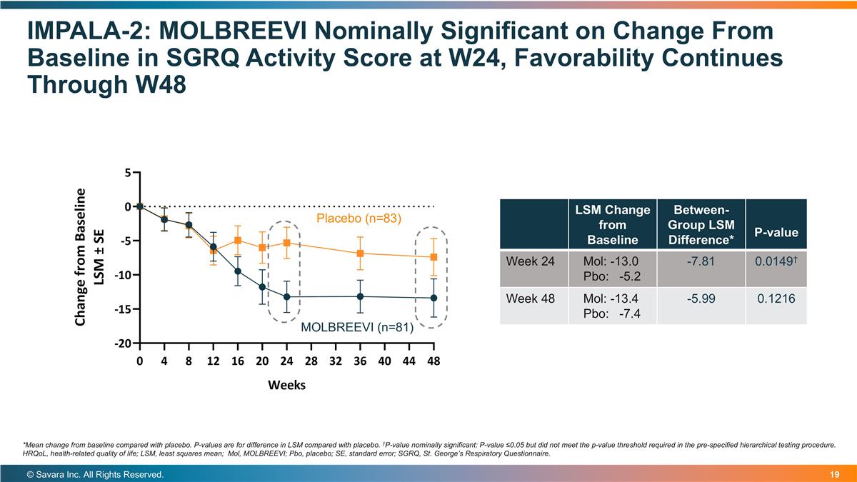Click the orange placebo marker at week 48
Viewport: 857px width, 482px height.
tap(433, 257)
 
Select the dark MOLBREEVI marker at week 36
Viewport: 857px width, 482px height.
tap(360, 296)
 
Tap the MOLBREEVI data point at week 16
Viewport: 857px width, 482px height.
tap(238, 271)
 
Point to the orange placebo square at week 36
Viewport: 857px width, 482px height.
tap(360, 253)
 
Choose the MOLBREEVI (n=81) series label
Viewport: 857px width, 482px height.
tap(357, 327)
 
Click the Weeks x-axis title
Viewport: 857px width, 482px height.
tap(286, 385)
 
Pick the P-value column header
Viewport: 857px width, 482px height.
tap(776, 233)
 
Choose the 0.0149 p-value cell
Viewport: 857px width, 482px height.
tap(776, 261)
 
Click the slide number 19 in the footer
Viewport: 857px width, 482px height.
tap(834, 475)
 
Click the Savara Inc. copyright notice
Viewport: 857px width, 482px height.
tap(95, 475)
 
